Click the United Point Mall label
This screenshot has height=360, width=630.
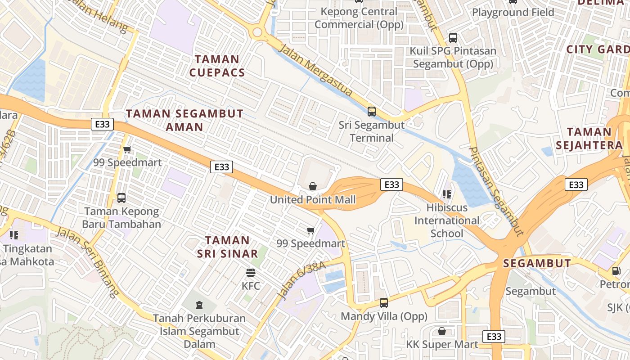(x=313, y=200)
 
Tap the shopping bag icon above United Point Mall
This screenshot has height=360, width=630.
(x=312, y=186)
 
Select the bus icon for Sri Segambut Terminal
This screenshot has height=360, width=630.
(x=372, y=111)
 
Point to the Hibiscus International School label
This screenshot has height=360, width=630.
(x=447, y=220)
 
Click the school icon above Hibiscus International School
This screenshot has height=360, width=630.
(x=446, y=194)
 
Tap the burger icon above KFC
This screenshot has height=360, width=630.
(x=251, y=273)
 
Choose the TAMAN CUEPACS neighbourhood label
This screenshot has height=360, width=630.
(x=217, y=66)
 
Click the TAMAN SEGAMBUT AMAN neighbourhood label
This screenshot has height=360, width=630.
(x=184, y=120)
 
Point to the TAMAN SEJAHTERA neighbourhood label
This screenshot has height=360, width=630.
(x=589, y=139)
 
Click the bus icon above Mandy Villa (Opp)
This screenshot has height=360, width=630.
(x=384, y=303)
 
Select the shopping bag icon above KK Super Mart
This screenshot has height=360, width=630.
(x=442, y=332)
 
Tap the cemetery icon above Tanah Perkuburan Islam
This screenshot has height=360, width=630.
(x=199, y=305)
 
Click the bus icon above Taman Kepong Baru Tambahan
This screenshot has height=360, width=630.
(x=121, y=198)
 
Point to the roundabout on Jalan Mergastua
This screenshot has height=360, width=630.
(x=257, y=32)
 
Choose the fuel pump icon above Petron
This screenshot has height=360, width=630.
(x=616, y=271)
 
